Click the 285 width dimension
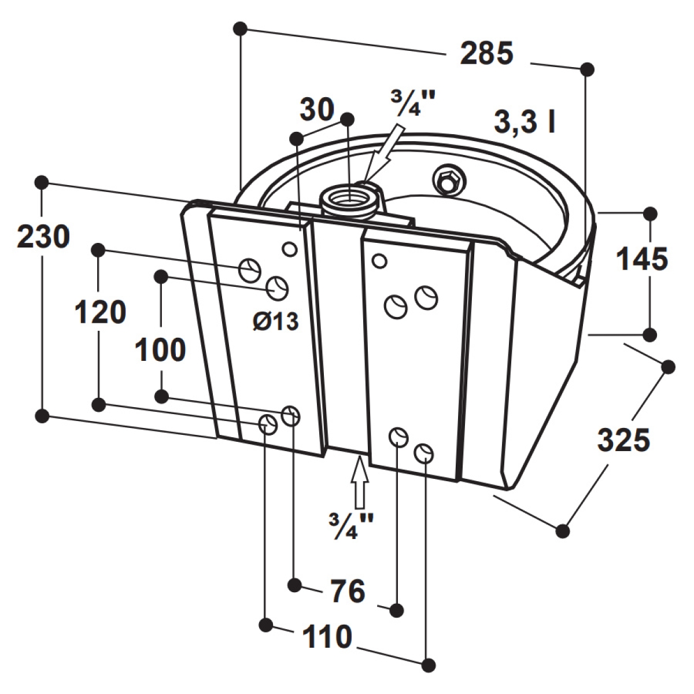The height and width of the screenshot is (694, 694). tap(486, 53)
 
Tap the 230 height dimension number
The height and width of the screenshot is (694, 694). tap(43, 237)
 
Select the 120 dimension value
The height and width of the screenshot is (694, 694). tap(101, 313)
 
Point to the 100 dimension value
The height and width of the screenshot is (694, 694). tap(160, 350)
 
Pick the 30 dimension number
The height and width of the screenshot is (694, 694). tap(317, 110)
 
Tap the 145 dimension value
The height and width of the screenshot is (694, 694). tap(642, 259)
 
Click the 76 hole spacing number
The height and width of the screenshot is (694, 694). tap(348, 590)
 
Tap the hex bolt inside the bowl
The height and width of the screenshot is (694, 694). tap(447, 179)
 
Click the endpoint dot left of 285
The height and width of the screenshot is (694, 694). tap(240, 28)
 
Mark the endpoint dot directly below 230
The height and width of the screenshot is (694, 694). tap(42, 416)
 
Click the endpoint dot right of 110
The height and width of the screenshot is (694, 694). tap(428, 675)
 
